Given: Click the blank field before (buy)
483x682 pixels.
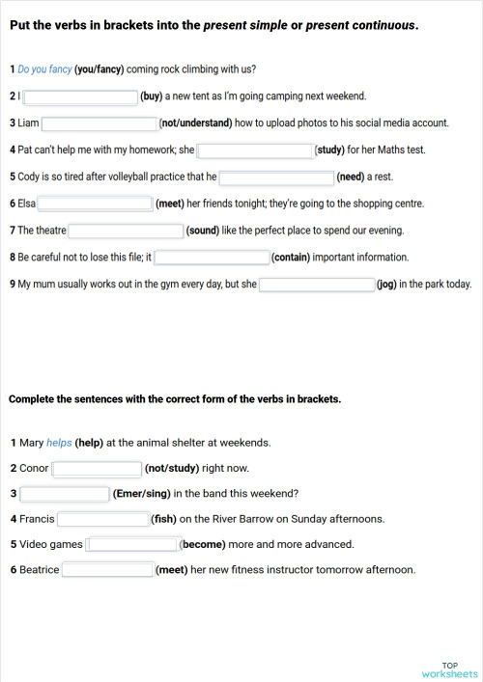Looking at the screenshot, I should pos(80,96).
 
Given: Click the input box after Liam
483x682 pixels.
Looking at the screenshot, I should pos(99,123).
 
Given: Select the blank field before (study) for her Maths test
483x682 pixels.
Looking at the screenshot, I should pos(255,150).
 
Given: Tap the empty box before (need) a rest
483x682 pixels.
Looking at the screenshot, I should pos(276,177).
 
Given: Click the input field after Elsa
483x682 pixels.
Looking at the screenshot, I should pos(95,204).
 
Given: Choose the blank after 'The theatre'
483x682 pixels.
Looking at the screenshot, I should pos(126,231).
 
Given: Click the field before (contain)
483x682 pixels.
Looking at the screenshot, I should pos(212,258).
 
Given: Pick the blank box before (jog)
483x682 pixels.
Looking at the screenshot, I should pos(317,285).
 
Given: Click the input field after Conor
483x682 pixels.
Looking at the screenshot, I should pos(97,469).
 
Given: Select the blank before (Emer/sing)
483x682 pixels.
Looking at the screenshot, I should pos(64,494).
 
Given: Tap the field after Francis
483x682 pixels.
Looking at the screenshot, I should pos(102,519).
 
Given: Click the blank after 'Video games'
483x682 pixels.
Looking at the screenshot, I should pos(131,544).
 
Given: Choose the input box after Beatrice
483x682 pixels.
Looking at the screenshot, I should pos(107,569).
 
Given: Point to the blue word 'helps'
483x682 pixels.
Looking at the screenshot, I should pos(59,443).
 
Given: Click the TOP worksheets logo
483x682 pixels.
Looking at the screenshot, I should pos(449,669).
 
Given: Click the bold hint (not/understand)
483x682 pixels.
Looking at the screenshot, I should pos(196,123).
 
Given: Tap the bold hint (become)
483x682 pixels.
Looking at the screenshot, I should pos(203,544).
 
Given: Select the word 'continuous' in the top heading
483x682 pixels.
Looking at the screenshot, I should pos(382,25).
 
